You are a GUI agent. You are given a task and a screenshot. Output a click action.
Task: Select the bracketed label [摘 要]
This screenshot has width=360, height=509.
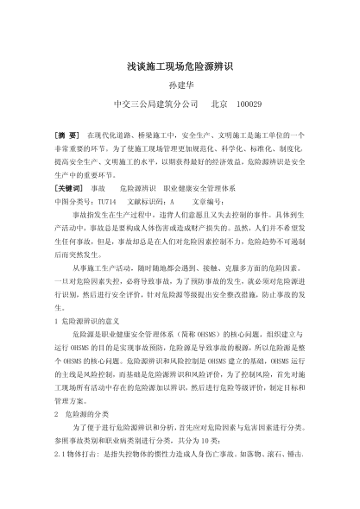(67, 137)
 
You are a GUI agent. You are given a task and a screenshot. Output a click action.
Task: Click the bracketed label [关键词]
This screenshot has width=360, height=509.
(69, 187)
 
